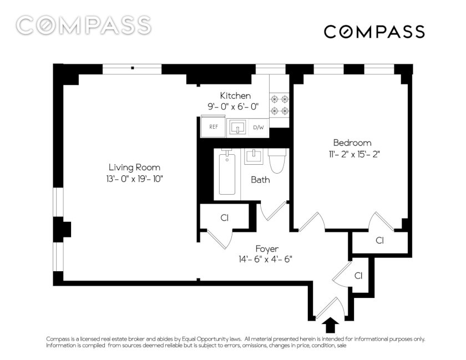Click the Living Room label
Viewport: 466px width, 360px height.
click(134, 168)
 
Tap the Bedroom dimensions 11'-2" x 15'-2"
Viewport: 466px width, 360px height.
click(352, 155)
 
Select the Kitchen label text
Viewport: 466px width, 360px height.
click(235, 96)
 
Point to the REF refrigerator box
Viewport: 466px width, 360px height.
click(214, 126)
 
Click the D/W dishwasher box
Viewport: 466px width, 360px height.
click(259, 128)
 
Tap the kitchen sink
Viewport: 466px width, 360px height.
click(237, 128)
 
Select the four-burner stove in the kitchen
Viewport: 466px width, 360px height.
click(279, 105)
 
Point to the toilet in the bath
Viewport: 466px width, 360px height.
click(277, 160)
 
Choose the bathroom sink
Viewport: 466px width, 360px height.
click(254, 156)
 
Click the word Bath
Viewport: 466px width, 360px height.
click(260, 180)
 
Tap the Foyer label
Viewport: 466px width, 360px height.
click(267, 249)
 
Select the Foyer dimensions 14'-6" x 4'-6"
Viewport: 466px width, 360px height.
click(265, 260)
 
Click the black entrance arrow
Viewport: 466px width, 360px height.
click(330, 325)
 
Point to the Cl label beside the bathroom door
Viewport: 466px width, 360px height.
click(224, 218)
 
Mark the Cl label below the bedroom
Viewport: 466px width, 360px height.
click(380, 240)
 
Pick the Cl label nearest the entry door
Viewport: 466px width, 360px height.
click(358, 276)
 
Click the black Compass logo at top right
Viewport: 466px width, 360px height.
click(374, 32)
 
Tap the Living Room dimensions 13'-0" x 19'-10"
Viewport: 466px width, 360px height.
click(134, 179)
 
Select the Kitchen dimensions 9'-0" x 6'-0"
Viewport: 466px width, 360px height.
click(233, 107)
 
